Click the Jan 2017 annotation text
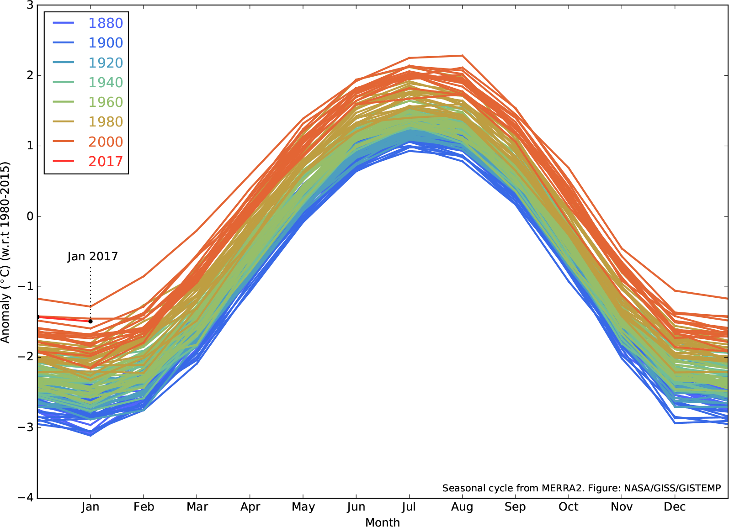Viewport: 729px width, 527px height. pyautogui.click(x=92, y=257)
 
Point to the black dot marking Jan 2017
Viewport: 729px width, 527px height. pyautogui.click(x=90, y=321)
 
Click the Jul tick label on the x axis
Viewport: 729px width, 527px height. pyautogui.click(x=409, y=507)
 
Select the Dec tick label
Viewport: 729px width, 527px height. pyautogui.click(x=675, y=507)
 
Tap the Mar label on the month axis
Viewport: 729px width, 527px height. pyautogui.click(x=197, y=507)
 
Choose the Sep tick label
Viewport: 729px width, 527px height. pyautogui.click(x=515, y=507)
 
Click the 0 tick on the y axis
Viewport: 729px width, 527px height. pyautogui.click(x=30, y=216)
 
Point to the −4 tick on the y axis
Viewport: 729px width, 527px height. pyautogui.click(x=27, y=498)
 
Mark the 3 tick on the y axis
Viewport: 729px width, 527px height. pyautogui.click(x=30, y=5)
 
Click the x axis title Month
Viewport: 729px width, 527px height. pyautogui.click(x=383, y=522)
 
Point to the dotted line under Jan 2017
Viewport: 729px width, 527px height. pyautogui.click(x=90, y=288)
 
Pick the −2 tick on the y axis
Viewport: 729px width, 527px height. pyautogui.click(x=27, y=357)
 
